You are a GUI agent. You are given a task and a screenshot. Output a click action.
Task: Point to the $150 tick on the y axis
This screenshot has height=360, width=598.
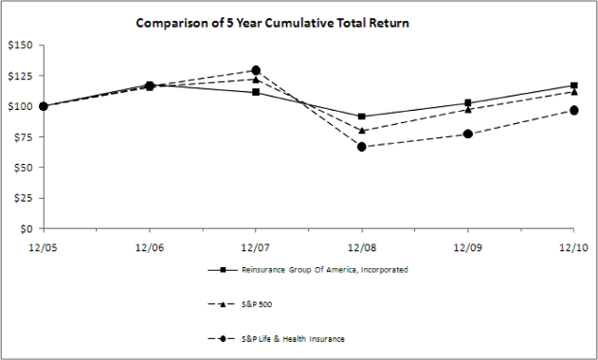18,45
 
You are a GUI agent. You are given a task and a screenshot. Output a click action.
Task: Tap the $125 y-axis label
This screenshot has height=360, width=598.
18,76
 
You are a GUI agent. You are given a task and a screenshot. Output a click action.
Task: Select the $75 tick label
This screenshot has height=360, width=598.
21,136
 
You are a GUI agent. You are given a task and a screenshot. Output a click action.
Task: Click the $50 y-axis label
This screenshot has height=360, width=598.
21,168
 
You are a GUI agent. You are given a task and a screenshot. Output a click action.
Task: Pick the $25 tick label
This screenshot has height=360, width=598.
21,198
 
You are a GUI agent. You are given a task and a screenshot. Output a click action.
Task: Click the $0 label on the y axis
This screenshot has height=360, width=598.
25,228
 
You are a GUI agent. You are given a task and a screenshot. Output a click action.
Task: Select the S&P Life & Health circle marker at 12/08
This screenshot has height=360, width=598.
361,147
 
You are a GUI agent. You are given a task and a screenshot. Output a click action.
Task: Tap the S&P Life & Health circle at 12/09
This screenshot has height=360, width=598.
467,134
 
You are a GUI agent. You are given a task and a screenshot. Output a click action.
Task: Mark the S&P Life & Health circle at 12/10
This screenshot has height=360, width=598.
572,111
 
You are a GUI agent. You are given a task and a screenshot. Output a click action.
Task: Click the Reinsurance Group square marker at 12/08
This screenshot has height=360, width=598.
361,117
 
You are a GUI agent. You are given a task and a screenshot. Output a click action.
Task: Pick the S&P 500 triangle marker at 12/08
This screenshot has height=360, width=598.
361,130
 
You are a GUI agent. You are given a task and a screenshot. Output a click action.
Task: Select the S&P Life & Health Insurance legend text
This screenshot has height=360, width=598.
291,338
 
